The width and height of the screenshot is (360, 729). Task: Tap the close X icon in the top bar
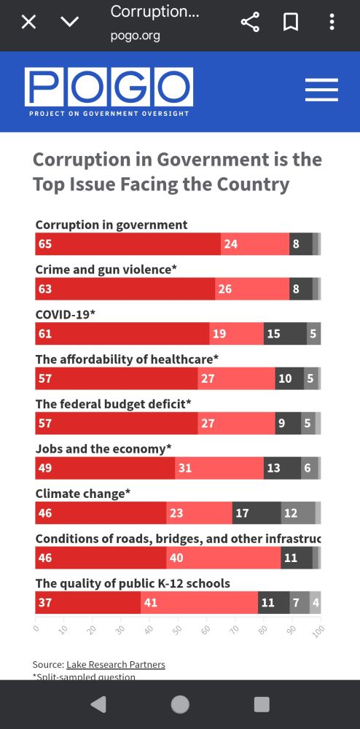click(28, 22)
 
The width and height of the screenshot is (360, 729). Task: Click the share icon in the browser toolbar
click(250, 22)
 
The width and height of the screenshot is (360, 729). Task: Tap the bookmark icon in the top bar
click(291, 22)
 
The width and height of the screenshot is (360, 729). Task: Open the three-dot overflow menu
click(332, 22)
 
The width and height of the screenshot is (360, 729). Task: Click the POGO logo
click(109, 91)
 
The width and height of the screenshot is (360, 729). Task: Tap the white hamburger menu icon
click(321, 90)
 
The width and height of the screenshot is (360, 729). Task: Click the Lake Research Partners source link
click(115, 664)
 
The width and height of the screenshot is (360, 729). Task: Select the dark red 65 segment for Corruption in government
click(128, 244)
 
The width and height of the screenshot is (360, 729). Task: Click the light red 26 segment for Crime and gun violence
click(252, 289)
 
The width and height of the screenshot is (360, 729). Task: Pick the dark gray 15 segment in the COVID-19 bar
click(285, 334)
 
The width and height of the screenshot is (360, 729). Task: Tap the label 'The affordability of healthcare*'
click(127, 359)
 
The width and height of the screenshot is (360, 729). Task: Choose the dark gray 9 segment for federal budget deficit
click(288, 424)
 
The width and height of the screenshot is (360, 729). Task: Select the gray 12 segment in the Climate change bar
click(298, 513)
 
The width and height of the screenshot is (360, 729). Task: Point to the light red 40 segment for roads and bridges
click(224, 558)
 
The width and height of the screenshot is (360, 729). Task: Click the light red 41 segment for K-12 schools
click(199, 603)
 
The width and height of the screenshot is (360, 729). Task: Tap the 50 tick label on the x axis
click(176, 628)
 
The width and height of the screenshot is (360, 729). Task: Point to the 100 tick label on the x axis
click(318, 629)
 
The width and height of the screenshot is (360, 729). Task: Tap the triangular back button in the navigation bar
click(98, 704)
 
